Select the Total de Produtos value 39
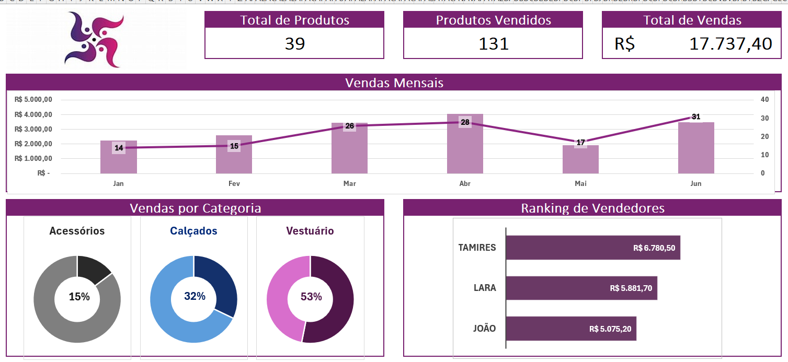(x=294, y=44)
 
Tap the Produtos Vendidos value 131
(x=493, y=44)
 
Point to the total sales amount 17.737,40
(x=730, y=44)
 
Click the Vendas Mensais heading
(x=394, y=83)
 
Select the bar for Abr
(x=465, y=151)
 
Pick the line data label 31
(x=695, y=117)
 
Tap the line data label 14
(x=119, y=148)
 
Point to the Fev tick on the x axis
(x=234, y=184)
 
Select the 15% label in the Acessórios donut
(x=79, y=297)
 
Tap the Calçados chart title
(x=193, y=231)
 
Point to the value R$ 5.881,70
(x=631, y=288)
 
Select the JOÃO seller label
(x=484, y=329)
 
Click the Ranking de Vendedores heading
(x=592, y=208)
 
